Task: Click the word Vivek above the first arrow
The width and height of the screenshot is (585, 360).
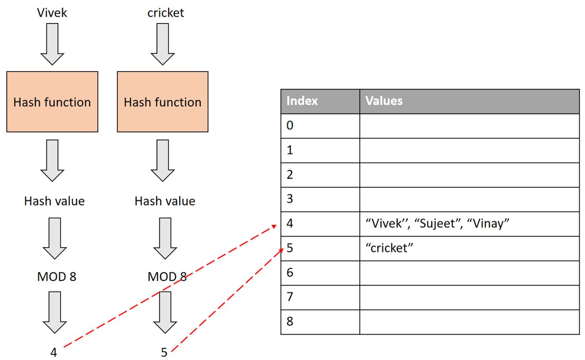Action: coord(52,13)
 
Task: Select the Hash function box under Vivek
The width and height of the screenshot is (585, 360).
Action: coord(52,102)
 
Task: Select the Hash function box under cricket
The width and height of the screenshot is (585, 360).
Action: coord(162,102)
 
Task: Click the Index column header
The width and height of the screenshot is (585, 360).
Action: coord(302,101)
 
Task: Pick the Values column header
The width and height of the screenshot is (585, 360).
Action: coord(383,101)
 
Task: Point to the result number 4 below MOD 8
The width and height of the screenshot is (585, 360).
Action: coord(54,352)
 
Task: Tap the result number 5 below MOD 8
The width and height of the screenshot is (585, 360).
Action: coord(164,352)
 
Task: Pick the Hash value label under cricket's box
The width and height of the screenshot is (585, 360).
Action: coord(165,201)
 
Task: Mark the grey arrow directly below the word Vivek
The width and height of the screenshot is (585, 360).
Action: coord(52,44)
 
